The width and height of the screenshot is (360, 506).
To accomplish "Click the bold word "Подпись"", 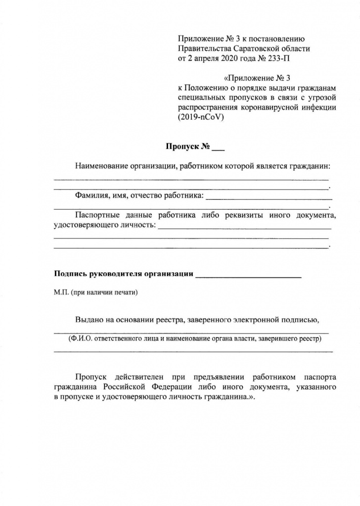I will pyautogui.click(x=69, y=274).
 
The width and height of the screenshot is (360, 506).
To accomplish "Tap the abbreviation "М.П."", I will pyautogui.click(x=61, y=292).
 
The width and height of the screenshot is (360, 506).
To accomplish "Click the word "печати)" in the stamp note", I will pyautogui.click(x=128, y=292).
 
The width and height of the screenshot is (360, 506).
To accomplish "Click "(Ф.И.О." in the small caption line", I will pyautogui.click(x=80, y=339).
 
